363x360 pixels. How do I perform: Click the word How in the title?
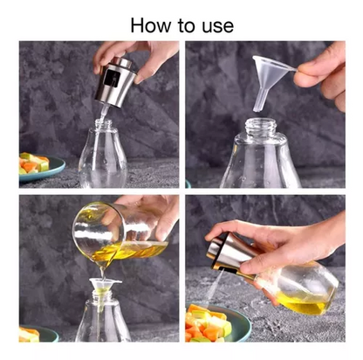pyautogui.click(x=151, y=25)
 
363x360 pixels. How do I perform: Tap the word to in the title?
pyautogui.click(x=186, y=26)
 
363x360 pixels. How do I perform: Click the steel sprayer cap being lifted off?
pyautogui.click(x=115, y=81)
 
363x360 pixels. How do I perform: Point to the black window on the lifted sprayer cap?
pyautogui.click(x=112, y=79)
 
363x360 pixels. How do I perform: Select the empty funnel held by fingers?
pyautogui.click(x=270, y=80)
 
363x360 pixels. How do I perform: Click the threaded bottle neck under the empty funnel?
pyautogui.click(x=261, y=126)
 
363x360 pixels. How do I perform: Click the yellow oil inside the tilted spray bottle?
pyautogui.click(x=303, y=304)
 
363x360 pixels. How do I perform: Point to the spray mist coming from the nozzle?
pyautogui.click(x=214, y=287)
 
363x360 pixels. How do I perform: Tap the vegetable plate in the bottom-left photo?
pyautogui.click(x=38, y=334)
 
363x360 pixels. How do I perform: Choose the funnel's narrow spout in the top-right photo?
pyautogui.click(x=260, y=100)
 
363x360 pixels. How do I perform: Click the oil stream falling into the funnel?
pyautogui.click(x=102, y=273)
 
